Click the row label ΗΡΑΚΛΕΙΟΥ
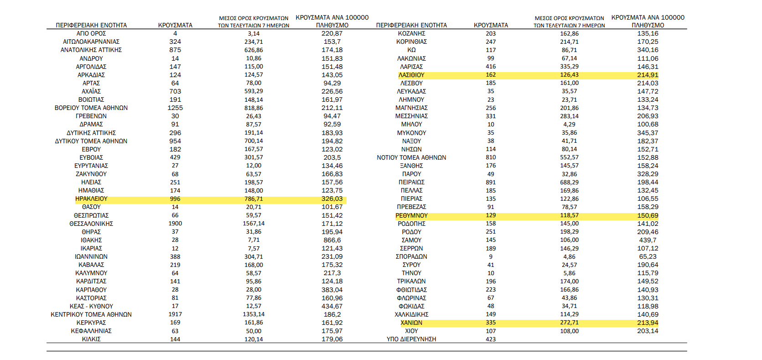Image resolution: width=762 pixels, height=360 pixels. pos(91,199)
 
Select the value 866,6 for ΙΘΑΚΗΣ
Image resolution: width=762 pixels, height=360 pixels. pos(332,240)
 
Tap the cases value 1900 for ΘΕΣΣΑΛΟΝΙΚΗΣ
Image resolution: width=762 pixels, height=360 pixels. pos(175,224)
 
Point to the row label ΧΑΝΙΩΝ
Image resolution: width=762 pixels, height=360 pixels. pos(411,323)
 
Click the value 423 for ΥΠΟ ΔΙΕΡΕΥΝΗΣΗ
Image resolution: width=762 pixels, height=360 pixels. pos(491,339)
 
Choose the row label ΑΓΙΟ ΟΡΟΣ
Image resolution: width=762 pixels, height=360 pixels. pos(91,33)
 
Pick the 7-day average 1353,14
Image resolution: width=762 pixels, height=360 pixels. pos(254,314)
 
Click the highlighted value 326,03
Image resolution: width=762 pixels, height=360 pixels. pos(332,199)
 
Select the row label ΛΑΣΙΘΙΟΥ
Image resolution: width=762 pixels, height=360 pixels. pos(411,75)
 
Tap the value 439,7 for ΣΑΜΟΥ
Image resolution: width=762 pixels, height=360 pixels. pos(648,240)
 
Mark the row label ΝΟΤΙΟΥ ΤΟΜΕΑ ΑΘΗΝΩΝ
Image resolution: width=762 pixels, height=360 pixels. pos(411,157)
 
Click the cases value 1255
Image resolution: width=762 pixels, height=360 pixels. pos(175,108)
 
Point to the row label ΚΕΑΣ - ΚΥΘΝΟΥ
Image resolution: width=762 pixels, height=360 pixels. pos(91,306)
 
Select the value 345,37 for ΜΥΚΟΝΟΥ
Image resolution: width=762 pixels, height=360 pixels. pos(648,133)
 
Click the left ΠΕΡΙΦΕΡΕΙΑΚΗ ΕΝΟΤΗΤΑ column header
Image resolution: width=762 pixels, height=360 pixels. pos(91,25)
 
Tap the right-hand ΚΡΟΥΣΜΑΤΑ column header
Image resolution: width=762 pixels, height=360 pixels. pos(491,25)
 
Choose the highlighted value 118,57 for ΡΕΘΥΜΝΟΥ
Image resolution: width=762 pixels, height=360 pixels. pos(569,215)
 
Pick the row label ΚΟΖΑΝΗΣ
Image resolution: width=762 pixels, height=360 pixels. pos(411,33)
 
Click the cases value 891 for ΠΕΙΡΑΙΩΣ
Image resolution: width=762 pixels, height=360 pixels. pos(491,183)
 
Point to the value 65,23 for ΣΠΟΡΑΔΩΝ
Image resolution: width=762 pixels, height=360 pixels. pos(648,256)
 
